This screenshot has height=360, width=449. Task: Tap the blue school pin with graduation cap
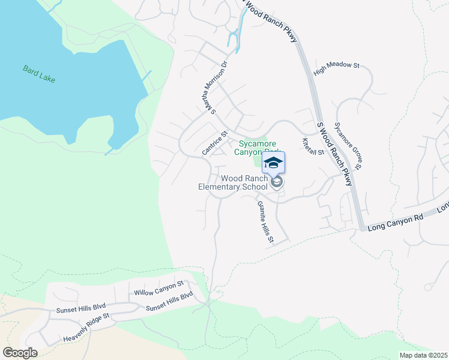click(x=273, y=163)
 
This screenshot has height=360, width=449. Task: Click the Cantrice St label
click(x=215, y=143)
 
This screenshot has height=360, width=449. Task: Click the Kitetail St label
click(x=313, y=146)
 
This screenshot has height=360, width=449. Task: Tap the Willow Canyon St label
click(x=158, y=288)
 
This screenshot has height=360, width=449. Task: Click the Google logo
click(x=20, y=353)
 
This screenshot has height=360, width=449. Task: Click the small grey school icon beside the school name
click(x=276, y=182)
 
